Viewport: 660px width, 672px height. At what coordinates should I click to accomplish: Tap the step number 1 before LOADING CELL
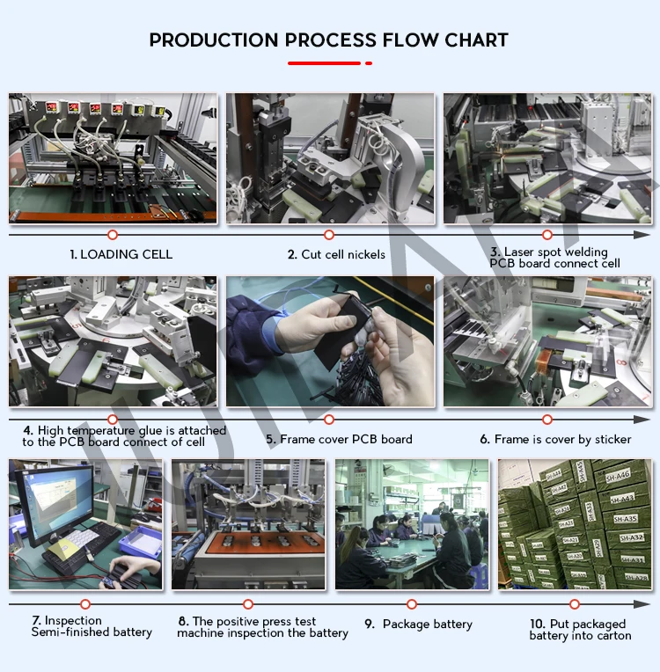73,254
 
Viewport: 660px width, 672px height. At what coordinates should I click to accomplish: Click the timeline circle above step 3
546,235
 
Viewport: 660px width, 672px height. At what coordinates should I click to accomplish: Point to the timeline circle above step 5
329,420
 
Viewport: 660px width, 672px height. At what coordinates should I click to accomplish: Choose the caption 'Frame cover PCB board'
346,439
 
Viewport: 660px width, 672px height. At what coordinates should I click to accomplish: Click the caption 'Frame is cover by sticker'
563,439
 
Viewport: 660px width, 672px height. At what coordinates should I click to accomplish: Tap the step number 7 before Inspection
36,621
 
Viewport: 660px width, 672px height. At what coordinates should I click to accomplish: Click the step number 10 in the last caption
538,624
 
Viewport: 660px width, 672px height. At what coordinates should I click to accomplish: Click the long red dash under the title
324,62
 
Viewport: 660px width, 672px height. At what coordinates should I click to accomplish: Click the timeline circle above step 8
248,604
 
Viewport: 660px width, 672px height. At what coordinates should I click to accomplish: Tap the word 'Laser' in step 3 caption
519,252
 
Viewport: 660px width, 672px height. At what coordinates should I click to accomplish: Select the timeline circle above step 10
575,604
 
